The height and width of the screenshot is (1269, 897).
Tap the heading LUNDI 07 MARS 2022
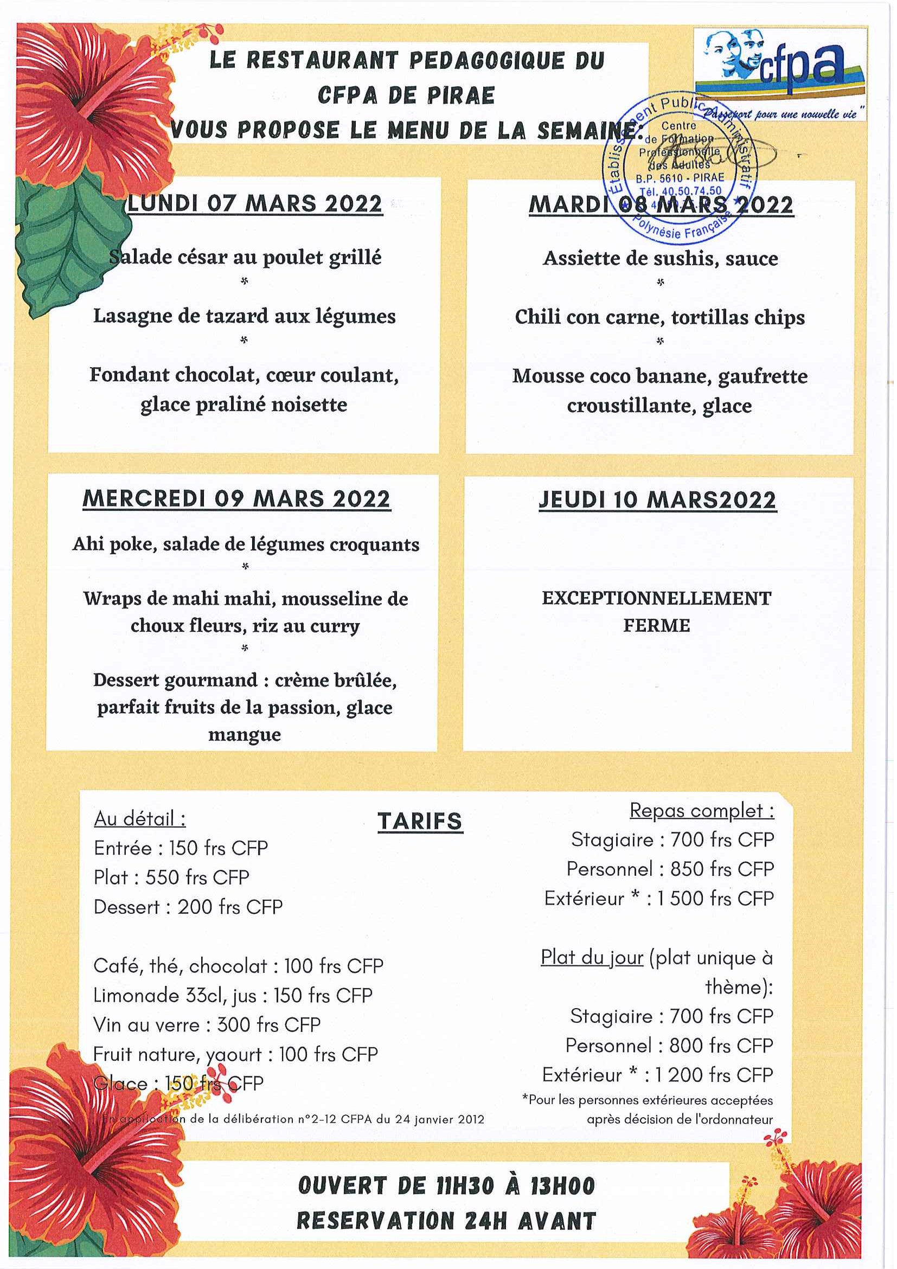point(255,203)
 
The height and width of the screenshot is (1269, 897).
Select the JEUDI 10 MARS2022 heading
point(657,500)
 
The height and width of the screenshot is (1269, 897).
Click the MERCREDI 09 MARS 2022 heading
point(236,499)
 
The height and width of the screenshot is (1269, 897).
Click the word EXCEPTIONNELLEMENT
point(656,598)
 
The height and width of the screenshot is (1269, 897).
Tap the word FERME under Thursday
point(657,625)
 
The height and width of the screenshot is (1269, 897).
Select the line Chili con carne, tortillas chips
point(659,317)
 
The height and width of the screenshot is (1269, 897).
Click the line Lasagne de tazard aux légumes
point(244,316)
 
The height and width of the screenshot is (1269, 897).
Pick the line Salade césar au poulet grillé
point(245,257)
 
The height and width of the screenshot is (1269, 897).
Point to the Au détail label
point(140,818)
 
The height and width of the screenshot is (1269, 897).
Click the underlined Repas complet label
point(701,810)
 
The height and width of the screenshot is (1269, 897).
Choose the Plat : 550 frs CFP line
point(171,877)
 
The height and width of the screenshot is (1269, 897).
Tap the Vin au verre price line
point(207,1024)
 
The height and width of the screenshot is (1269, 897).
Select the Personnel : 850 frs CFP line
point(670,869)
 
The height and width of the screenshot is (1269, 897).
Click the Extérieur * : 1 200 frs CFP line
point(657,1074)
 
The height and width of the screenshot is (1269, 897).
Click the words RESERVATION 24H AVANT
point(446,1221)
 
